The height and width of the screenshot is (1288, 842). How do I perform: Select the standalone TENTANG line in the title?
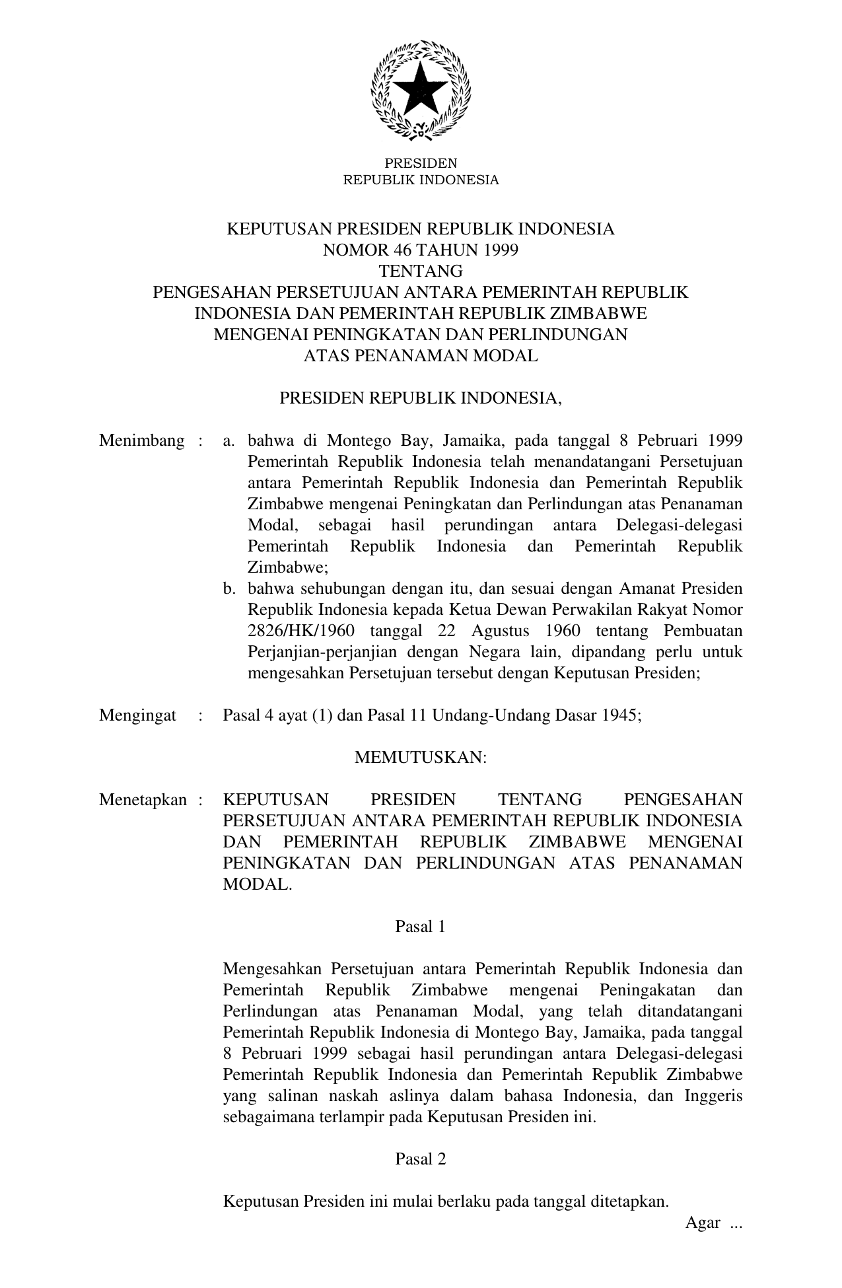point(421,271)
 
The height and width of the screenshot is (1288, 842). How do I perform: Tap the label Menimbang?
point(141,441)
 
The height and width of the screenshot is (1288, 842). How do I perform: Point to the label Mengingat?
point(137,716)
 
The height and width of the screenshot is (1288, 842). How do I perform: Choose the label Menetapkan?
point(143,801)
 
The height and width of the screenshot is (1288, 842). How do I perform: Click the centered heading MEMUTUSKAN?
point(421,758)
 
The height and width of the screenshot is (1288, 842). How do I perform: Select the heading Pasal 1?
point(421,927)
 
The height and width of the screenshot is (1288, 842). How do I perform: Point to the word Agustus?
point(501,631)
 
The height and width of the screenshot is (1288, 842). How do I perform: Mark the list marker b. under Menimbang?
point(230,589)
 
